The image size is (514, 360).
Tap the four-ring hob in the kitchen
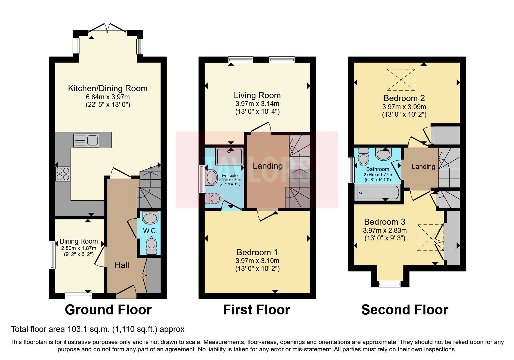point(63,174)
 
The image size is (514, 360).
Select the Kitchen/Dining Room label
point(108,88)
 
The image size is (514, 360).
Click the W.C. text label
point(150,231)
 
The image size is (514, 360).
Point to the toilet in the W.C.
point(151,245)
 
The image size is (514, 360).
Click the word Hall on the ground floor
point(122,265)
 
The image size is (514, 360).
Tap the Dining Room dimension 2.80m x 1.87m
point(78,248)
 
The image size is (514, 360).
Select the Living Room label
point(257,95)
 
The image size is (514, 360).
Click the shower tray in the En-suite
point(229,156)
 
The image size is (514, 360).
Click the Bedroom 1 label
point(257,252)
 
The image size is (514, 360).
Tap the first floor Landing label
point(268,166)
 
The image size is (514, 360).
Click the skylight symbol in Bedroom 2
point(401,80)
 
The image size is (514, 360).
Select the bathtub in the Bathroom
point(378,192)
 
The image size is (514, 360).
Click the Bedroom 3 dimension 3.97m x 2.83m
point(385,231)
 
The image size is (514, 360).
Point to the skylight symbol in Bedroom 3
point(430,237)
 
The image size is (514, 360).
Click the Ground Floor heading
point(108,310)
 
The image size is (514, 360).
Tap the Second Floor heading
point(405,310)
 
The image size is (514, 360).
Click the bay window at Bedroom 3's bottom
point(390,283)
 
